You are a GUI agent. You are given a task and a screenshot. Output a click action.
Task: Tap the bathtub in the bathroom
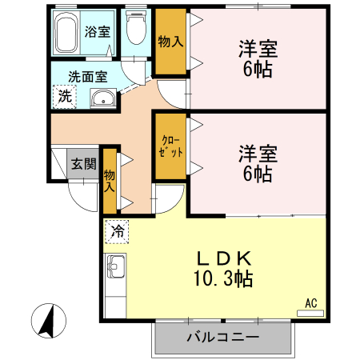pos(67,34)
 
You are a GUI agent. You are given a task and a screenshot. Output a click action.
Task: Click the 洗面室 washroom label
pos(87,78)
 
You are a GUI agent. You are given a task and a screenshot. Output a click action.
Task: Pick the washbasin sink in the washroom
pos(102,99)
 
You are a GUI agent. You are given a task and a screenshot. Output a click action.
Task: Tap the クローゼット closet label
pos(169,146)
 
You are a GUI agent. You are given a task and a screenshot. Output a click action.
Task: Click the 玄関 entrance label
pos(82,164)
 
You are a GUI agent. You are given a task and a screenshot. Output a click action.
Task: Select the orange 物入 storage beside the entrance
pos(110,181)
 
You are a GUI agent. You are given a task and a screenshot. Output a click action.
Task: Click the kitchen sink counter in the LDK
pos(114,268)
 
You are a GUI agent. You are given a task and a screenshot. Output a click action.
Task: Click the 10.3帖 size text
pos(225,279)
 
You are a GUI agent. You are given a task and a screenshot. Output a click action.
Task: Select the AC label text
pos(311,302)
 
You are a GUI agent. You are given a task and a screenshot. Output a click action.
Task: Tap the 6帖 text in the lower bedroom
pos(256,173)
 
